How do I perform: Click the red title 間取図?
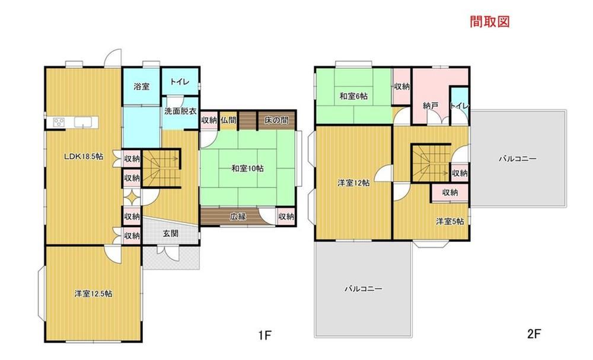click(490, 21)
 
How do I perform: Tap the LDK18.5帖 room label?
click(84, 157)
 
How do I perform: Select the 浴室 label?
click(142, 87)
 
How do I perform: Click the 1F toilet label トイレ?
click(180, 82)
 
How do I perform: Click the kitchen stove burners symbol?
click(59, 122)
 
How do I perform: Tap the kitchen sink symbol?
click(82, 122)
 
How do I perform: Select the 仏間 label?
click(228, 120)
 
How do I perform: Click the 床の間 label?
click(276, 120)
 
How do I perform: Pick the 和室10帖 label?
click(248, 168)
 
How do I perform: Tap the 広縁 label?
click(238, 216)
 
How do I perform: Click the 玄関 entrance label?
click(171, 233)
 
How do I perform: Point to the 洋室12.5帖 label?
click(93, 294)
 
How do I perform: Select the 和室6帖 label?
click(353, 96)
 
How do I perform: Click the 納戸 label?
click(431, 106)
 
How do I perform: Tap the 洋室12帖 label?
click(353, 183)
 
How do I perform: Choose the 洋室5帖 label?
click(450, 222)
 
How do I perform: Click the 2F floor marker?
click(534, 334)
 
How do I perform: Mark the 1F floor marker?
click(265, 335)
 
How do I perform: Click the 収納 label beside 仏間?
click(209, 120)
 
